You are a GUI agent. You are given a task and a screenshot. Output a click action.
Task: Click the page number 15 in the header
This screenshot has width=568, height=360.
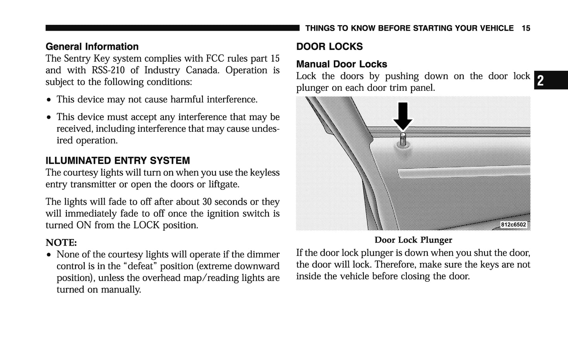[x=526, y=28]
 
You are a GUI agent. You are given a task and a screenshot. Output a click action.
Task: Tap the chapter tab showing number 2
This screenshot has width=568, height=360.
[x=541, y=81]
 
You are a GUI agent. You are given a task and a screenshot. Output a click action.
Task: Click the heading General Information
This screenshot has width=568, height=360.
[x=92, y=47]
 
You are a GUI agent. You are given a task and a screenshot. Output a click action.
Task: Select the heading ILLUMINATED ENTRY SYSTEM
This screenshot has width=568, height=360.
[x=118, y=161]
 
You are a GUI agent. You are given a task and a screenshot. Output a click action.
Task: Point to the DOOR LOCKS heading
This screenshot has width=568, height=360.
[x=329, y=47]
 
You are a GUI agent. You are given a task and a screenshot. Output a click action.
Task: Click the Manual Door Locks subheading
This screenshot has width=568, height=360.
[x=341, y=64]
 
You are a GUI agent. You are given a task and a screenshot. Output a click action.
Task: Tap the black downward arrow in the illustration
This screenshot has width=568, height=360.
[x=403, y=115]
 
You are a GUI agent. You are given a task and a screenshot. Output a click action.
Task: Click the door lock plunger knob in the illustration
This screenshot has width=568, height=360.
[x=403, y=139]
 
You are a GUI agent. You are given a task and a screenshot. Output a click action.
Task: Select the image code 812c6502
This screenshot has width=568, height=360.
[x=513, y=225]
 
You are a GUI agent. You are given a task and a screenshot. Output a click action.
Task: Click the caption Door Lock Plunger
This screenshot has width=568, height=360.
[x=413, y=240]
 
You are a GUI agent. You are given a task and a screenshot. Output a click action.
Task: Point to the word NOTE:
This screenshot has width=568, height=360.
[x=61, y=242]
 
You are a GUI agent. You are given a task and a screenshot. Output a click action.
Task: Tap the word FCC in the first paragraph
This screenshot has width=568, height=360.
[x=215, y=59]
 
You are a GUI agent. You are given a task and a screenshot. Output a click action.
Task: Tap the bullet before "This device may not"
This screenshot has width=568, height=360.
[x=49, y=100]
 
